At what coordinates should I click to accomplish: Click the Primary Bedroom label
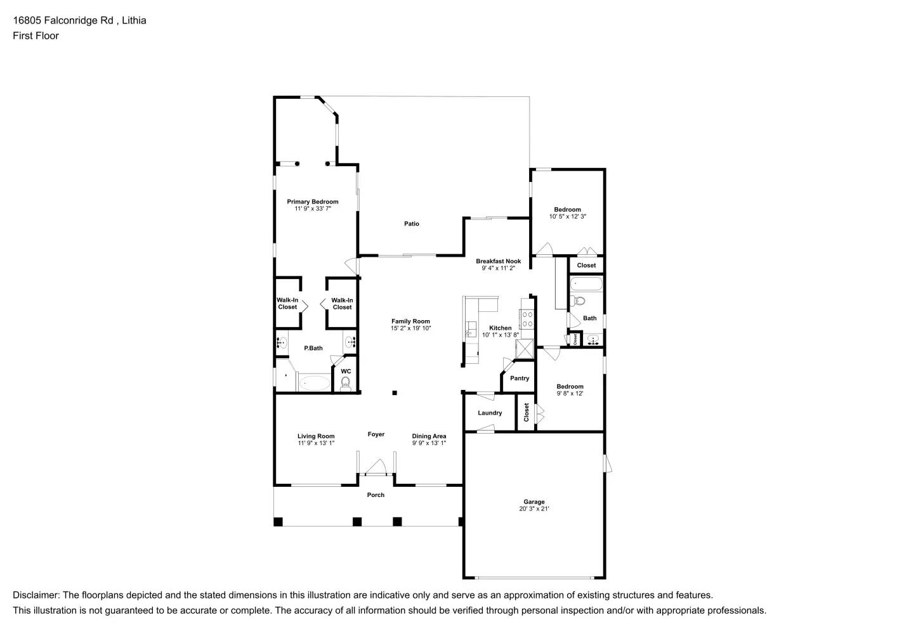pyautogui.click(x=312, y=202)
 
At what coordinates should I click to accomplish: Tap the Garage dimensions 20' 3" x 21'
pyautogui.click(x=534, y=509)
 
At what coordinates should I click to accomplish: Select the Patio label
pyautogui.click(x=412, y=224)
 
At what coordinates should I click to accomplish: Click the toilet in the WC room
pyautogui.click(x=346, y=382)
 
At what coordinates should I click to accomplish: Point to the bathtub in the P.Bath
pyautogui.click(x=313, y=383)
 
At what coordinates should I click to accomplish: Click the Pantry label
pyautogui.click(x=520, y=378)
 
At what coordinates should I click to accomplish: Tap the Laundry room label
pyautogui.click(x=490, y=413)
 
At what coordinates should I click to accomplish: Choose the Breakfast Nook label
pyautogui.click(x=498, y=261)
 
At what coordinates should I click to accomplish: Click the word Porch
pyautogui.click(x=376, y=495)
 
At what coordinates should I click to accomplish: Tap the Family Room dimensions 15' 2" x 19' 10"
pyautogui.click(x=410, y=328)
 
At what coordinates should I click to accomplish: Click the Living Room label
pyautogui.click(x=316, y=436)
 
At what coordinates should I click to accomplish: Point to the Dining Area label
pyautogui.click(x=429, y=436)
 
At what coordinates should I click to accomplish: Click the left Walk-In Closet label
pyautogui.click(x=287, y=304)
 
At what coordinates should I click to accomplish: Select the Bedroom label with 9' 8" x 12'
pyautogui.click(x=570, y=387)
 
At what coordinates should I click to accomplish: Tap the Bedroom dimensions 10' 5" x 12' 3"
pyautogui.click(x=567, y=217)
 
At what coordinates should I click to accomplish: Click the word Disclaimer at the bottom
pyautogui.click(x=36, y=595)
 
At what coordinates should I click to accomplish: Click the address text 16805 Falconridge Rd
pyautogui.click(x=63, y=20)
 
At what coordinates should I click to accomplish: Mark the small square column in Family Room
pyautogui.click(x=395, y=393)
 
